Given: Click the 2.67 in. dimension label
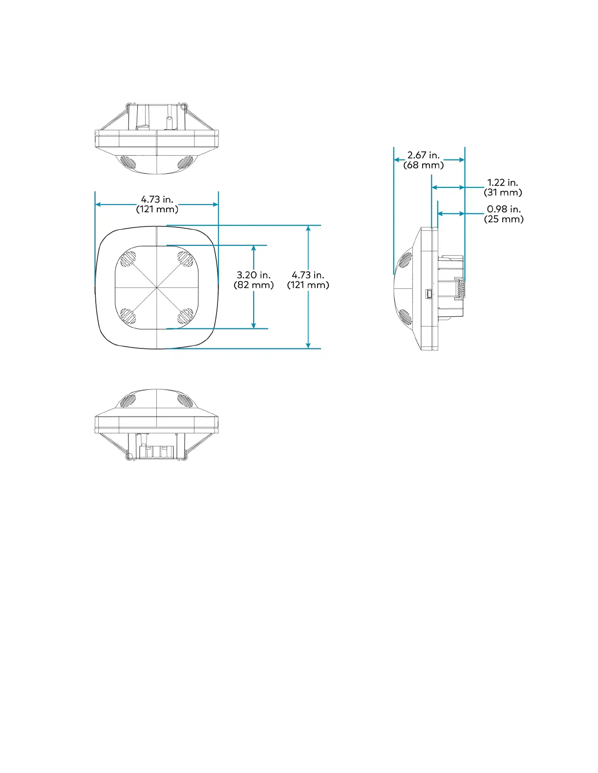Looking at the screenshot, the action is pos(424,155).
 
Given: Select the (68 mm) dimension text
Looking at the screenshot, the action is pos(424,165).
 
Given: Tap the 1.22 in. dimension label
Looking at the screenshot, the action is pos(503,183).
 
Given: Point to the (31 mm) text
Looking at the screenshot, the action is pos(503,192).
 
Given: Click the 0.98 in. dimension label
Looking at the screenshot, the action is pos(504,209).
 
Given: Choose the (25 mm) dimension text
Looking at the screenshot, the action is pos(504,219).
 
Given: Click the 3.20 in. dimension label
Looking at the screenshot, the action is pos(254,275).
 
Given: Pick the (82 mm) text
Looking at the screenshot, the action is pos(254,285).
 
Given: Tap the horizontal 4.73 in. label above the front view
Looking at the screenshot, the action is pos(157,199).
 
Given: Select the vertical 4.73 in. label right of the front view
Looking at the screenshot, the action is pos(308,275).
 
